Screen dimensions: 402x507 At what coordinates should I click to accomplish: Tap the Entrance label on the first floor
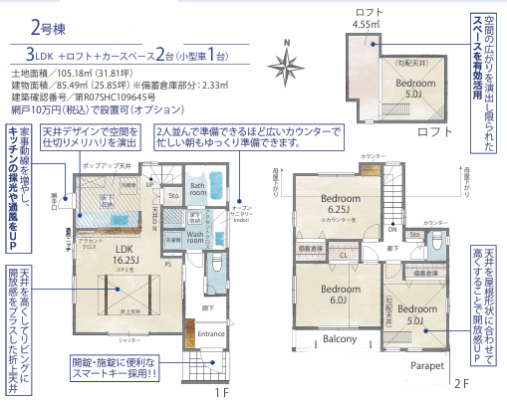(211, 334)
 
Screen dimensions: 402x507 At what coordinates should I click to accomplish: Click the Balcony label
(339, 339)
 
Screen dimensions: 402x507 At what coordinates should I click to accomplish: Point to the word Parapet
(426, 365)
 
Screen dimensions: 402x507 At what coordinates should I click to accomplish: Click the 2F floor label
(460, 382)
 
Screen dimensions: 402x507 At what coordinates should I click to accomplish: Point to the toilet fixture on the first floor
(220, 263)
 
